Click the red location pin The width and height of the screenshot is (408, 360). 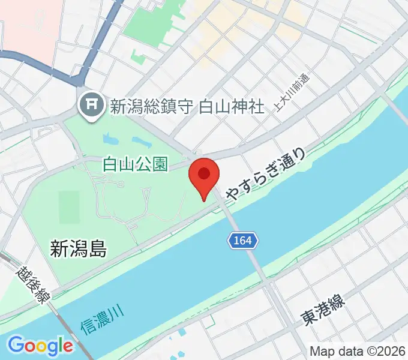coord(204,176)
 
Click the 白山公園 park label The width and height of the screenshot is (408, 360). coord(135,164)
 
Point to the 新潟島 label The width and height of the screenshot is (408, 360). coord(78,248)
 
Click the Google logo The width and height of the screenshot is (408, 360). coord(40,346)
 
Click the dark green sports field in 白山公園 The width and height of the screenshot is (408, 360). coord(69,206)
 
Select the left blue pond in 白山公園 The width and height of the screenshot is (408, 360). coord(112,140)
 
